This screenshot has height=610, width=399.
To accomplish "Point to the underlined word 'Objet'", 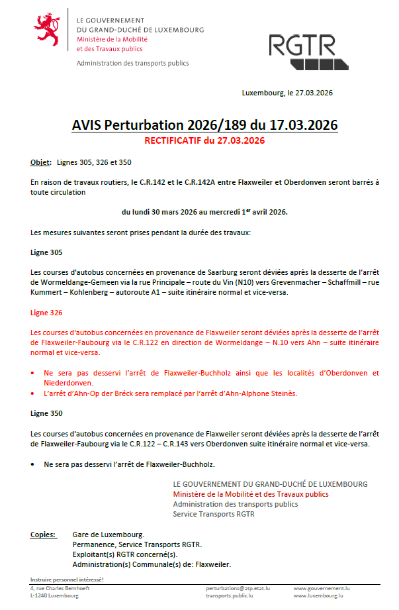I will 40,162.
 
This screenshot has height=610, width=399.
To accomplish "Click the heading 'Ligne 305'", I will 46,253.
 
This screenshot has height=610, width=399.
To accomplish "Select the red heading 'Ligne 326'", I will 46,311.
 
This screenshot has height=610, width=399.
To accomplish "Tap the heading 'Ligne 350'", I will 46,413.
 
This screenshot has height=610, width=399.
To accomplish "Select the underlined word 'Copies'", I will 43,534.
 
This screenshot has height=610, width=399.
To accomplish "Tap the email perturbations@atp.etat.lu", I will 238,587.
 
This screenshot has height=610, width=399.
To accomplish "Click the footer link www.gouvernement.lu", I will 322,587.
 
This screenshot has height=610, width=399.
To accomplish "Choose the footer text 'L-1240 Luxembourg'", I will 54,595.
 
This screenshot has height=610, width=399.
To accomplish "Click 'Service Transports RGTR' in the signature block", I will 213,513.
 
